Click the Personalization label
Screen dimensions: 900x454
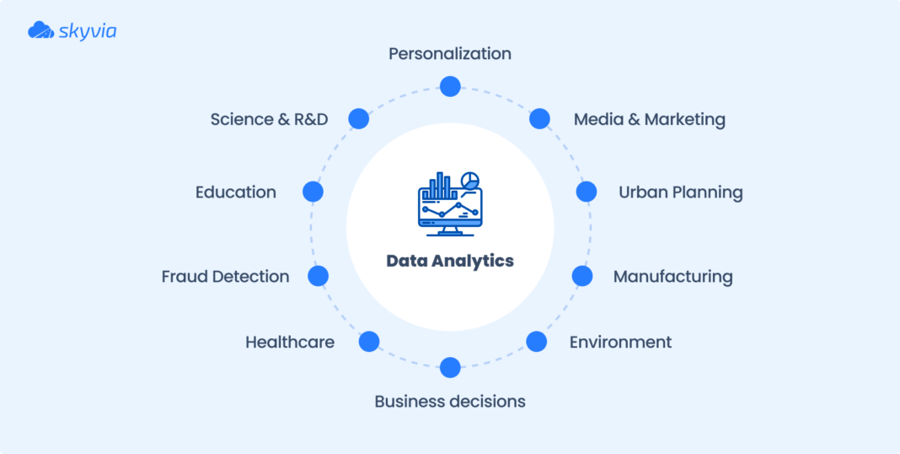[x=450, y=54]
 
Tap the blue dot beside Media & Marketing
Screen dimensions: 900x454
[x=539, y=118]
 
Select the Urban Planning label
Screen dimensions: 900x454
[x=680, y=192]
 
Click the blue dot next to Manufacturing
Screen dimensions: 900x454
[x=582, y=276]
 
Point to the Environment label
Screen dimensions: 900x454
[x=620, y=342]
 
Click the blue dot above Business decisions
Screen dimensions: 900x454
[x=450, y=367]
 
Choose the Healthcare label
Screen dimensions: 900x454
[x=290, y=342]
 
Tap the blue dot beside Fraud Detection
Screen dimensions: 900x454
[x=318, y=276]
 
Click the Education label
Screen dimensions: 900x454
[x=236, y=192]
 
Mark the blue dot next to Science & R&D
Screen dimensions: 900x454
[x=359, y=118]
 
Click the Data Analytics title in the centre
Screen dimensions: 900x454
[x=450, y=261]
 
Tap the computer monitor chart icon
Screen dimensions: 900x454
[x=450, y=203]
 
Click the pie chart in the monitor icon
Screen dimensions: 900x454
[x=471, y=180]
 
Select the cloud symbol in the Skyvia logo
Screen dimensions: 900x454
[x=40, y=30]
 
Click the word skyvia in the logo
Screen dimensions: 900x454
[x=88, y=31]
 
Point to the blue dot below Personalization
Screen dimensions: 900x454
[x=450, y=86]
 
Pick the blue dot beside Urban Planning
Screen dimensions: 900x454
[x=586, y=192]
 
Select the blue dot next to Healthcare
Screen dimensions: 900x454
[x=369, y=342]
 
